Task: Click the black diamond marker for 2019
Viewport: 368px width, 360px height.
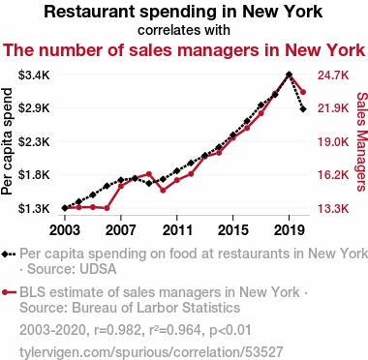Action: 289,75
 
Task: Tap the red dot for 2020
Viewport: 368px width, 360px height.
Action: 303,92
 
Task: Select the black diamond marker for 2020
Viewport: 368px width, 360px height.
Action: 303,109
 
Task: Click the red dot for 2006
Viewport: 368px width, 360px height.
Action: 107,208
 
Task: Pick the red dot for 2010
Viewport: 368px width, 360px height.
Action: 163,191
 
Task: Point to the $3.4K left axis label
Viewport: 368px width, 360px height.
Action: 34,75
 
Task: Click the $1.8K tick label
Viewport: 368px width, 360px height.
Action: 34,175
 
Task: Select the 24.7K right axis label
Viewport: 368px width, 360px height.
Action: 333,75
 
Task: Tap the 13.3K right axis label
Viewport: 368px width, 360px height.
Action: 333,209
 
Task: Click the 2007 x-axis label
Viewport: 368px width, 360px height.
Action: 121,230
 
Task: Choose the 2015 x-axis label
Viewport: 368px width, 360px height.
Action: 232,230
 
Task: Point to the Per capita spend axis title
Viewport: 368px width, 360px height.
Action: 7,141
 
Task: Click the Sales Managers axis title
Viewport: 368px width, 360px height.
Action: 361,141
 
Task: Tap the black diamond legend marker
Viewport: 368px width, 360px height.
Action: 5,255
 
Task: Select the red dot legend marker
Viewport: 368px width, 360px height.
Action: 5,292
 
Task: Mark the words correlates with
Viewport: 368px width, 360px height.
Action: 184,30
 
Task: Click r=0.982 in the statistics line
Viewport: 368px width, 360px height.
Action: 116,330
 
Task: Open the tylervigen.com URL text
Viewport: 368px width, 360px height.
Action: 151,352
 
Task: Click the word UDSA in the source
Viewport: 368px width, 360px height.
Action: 99,269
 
